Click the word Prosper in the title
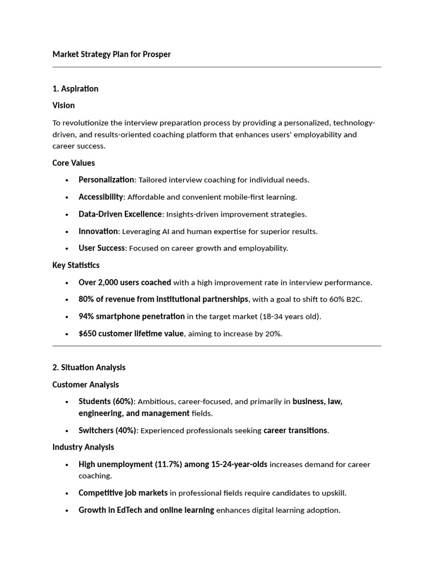[x=157, y=54]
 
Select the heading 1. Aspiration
[x=75, y=89]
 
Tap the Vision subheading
[x=63, y=106]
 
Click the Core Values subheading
[x=73, y=163]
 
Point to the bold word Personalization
[x=106, y=180]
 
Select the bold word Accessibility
[x=101, y=197]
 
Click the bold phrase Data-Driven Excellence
[x=120, y=214]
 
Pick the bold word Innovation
[x=98, y=231]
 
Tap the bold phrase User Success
[x=102, y=248]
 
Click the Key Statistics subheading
[x=76, y=265]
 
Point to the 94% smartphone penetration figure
[x=131, y=317]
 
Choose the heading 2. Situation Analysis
[x=89, y=368]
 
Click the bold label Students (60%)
[x=106, y=401]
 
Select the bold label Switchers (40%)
[x=107, y=430]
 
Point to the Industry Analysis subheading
[x=83, y=447]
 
